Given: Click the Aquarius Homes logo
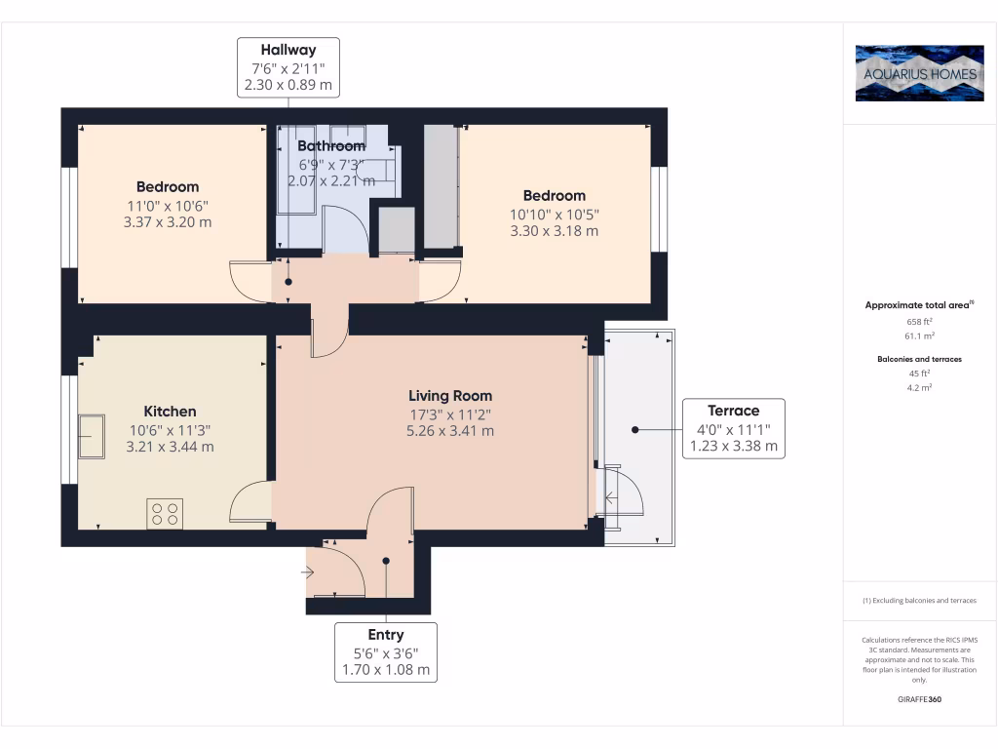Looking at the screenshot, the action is coord(919,73).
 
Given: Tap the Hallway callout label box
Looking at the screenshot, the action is coord(288,67).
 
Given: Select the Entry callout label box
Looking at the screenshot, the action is coord(386,652).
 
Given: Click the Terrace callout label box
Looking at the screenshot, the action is coord(734,429).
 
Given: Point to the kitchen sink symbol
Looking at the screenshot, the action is coord(91,436).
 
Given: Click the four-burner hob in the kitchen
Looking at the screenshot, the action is coord(165,513).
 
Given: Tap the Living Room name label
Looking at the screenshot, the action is coord(450,396).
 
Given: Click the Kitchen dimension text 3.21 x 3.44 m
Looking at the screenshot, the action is coord(170,447).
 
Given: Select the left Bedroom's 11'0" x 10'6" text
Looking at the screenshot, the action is coord(168,206).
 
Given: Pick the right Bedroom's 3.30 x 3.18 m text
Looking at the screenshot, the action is coord(555,230).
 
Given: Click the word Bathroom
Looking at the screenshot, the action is coord(331,146).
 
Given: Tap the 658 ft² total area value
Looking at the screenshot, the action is coord(919,322).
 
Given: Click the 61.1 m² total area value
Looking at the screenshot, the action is coord(919,335).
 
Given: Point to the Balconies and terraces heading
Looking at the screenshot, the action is coord(919,359).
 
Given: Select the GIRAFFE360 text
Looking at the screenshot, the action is coord(919,699).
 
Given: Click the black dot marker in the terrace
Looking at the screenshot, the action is coord(634,430).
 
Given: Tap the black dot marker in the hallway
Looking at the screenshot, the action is coord(288,282).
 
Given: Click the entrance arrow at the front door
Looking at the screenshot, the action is coord(307,572).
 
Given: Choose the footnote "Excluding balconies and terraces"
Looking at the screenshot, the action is coord(919,600).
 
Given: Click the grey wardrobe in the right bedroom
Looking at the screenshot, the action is coord(441,186).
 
